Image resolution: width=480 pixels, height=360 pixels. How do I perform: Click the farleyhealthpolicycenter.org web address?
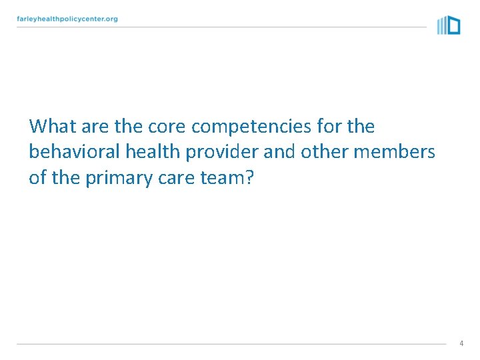click(x=67, y=19)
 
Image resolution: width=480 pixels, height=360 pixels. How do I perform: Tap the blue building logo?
click(x=449, y=25)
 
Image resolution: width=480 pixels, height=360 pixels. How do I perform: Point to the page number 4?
click(x=461, y=343)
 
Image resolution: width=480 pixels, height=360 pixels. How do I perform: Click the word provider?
click(x=222, y=153)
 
